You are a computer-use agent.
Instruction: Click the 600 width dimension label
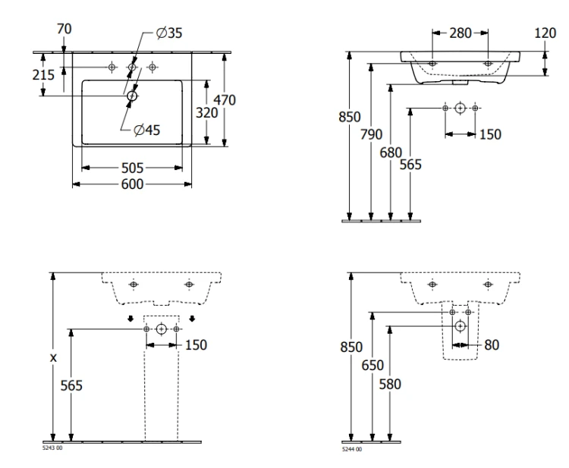click(132, 184)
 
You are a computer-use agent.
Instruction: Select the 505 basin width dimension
click(132, 168)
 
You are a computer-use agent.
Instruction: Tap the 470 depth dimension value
click(225, 100)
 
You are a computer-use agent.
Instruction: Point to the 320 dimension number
click(206, 113)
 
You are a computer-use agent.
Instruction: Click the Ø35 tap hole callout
click(168, 33)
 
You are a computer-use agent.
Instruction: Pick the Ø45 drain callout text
click(146, 130)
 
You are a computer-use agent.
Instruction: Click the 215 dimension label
click(43, 75)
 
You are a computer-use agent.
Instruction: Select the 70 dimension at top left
click(64, 29)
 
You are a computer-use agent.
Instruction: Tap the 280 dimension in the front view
click(461, 33)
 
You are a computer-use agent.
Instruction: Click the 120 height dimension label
click(545, 33)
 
